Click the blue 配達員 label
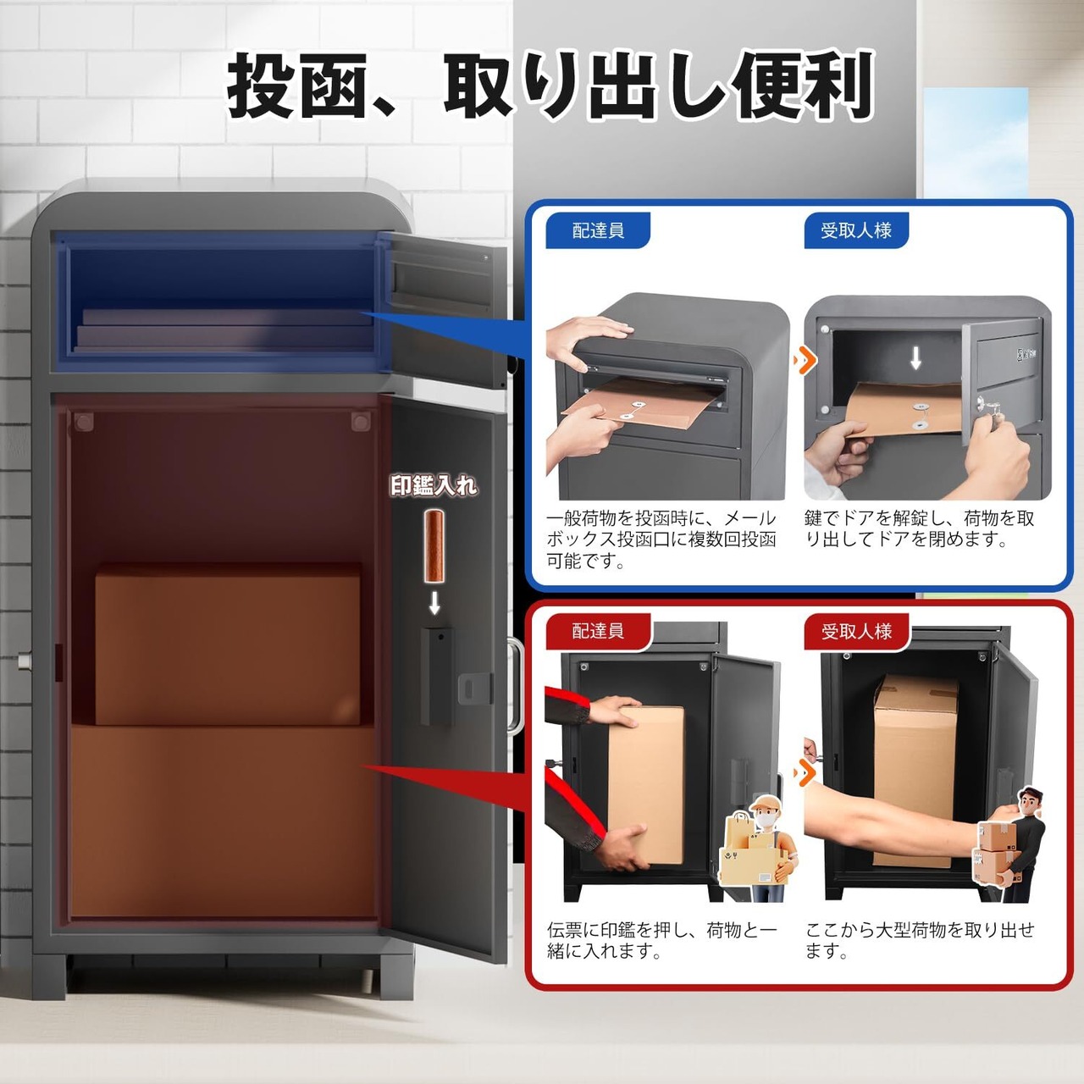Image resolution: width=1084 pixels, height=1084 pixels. pos(597,230)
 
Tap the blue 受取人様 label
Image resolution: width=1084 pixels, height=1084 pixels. pos(855,230)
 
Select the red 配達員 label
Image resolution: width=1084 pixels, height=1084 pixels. pos(597,631)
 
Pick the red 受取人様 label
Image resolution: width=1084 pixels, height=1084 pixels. pos(856,632)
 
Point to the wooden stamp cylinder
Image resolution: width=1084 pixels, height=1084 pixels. pos(433,546)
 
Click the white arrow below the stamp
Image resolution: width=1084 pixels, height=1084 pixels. pos(434,602)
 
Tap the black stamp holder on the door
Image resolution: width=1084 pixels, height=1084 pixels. pos(438,676)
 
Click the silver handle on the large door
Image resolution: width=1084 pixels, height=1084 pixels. pos(515,685)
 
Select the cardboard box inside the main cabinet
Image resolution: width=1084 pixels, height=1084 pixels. pos(227,644)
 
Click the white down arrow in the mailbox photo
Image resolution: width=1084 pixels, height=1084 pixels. pos(915,357)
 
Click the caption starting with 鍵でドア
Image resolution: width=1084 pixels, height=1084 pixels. pos(919,528)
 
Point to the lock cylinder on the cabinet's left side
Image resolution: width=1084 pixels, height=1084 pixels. pos(25,659)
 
